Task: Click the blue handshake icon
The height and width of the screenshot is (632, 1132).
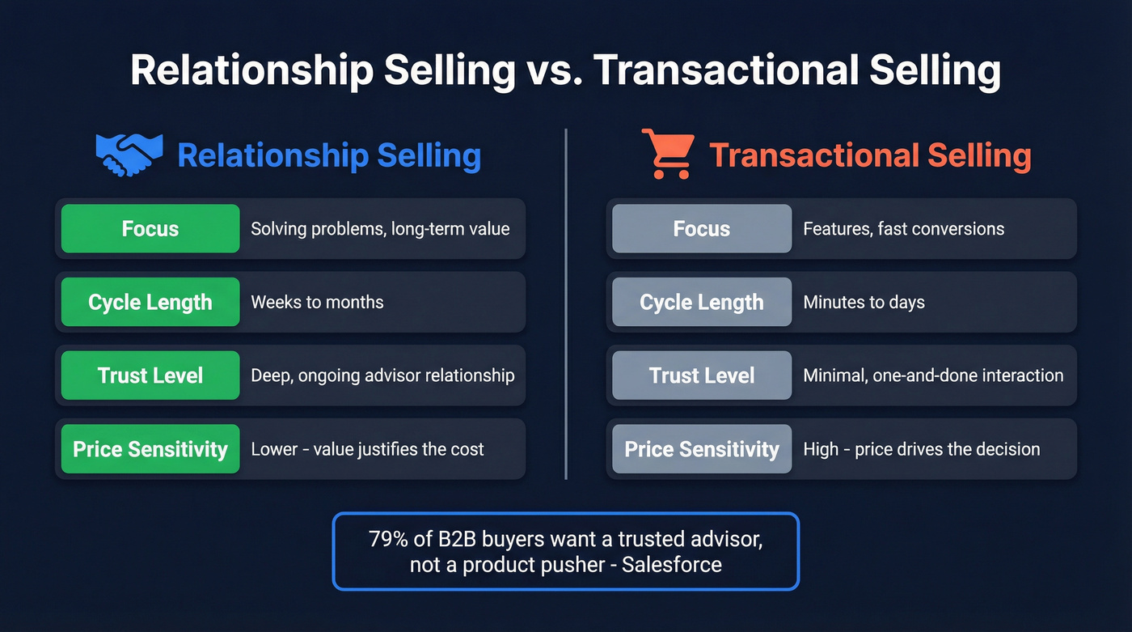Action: [129, 155]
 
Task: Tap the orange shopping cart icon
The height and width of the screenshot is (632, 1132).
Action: [669, 154]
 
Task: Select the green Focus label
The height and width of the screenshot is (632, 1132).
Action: [150, 229]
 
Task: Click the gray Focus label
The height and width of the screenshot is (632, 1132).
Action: [702, 229]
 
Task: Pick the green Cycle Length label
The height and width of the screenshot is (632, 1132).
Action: [150, 302]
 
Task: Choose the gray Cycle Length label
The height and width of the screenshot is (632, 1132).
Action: [702, 302]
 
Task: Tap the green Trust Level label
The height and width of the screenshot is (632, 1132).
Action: [150, 375]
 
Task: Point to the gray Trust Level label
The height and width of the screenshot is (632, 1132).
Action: [702, 375]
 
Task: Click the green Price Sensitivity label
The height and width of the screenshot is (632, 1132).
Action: [150, 449]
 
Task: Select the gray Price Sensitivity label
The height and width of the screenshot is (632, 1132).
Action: [702, 449]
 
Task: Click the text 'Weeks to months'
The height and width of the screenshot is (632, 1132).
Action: [317, 303]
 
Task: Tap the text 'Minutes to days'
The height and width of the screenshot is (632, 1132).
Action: [864, 303]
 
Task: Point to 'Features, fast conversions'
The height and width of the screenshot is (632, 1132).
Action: [903, 229]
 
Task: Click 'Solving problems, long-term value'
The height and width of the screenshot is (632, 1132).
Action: [380, 229]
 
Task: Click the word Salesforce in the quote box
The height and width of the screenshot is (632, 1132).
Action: [672, 564]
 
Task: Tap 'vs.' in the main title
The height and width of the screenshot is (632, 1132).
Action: [555, 71]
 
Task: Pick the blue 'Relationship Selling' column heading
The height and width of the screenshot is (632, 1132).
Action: [329, 155]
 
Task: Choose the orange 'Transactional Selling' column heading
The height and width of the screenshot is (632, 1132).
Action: [870, 155]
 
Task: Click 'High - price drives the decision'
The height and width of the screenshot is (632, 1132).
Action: [921, 449]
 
